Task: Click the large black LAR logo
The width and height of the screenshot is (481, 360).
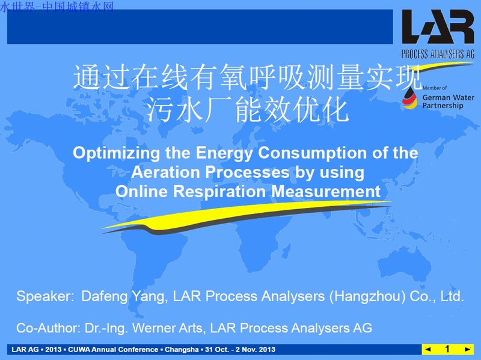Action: click(438, 26)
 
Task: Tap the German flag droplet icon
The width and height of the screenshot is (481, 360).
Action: click(410, 98)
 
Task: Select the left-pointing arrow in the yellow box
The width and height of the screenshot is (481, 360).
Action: click(429, 349)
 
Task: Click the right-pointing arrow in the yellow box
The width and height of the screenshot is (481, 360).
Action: click(468, 349)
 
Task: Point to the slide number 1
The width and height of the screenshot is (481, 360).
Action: click(447, 349)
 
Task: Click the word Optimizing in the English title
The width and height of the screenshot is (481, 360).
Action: click(116, 153)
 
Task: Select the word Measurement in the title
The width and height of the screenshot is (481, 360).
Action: click(326, 192)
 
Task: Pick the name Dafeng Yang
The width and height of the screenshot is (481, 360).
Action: click(124, 296)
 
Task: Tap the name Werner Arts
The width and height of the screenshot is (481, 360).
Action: click(167, 328)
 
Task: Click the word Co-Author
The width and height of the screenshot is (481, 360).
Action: click(48, 328)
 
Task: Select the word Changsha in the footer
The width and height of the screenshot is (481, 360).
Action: click(182, 350)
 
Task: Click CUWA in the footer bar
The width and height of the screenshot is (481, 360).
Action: click(79, 349)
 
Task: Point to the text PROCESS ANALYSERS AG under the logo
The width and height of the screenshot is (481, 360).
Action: click(438, 54)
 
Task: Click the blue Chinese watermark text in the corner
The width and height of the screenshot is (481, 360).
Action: click(57, 7)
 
